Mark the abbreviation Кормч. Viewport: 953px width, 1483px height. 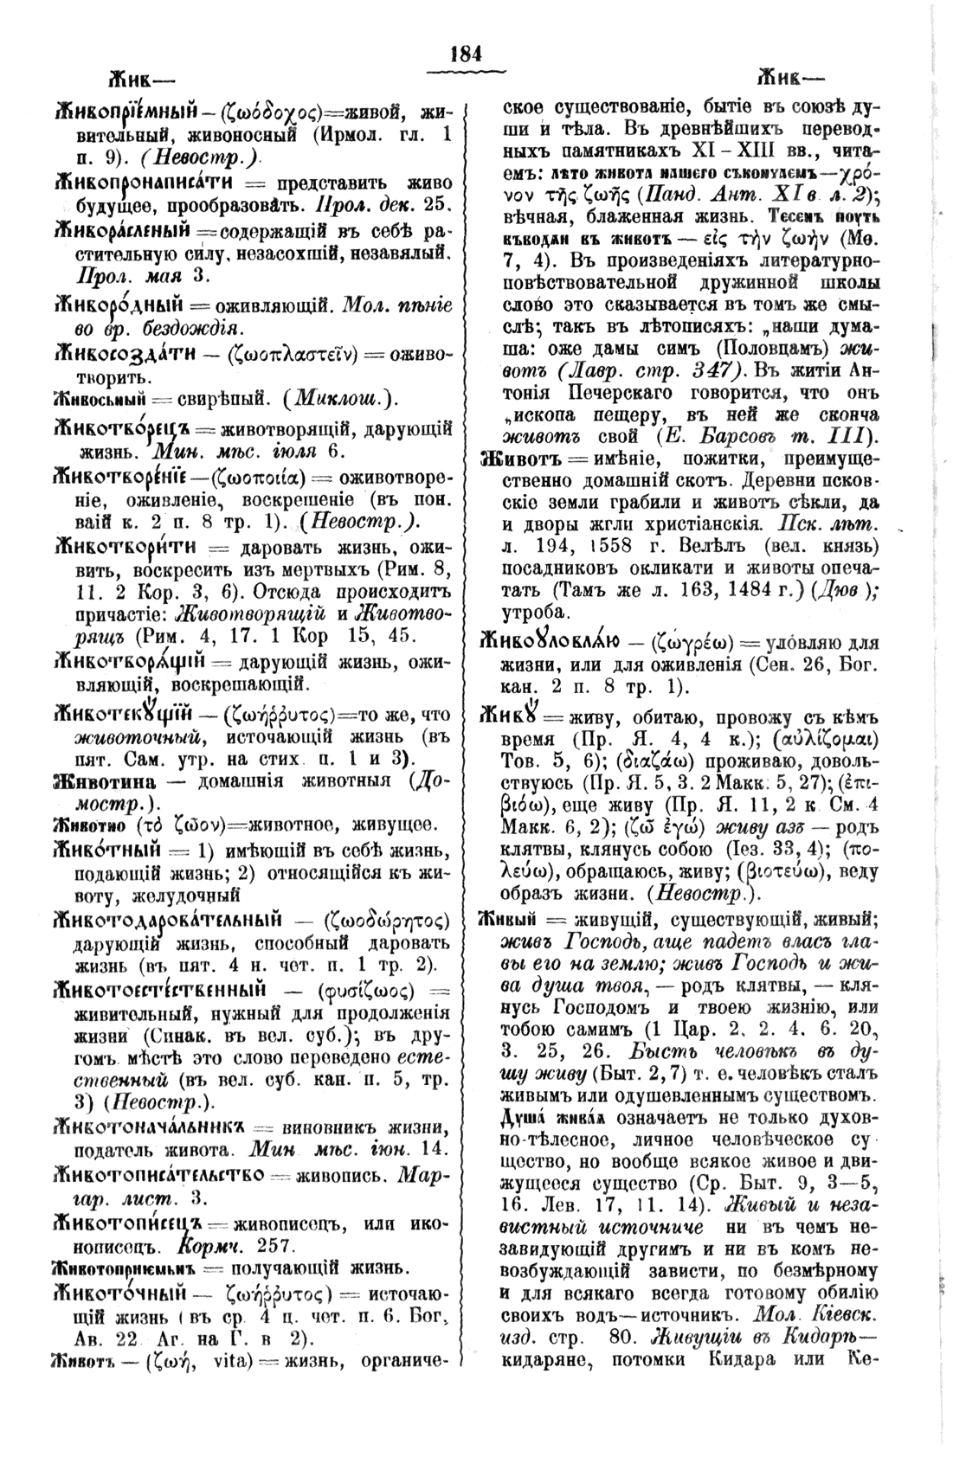click(208, 1246)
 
